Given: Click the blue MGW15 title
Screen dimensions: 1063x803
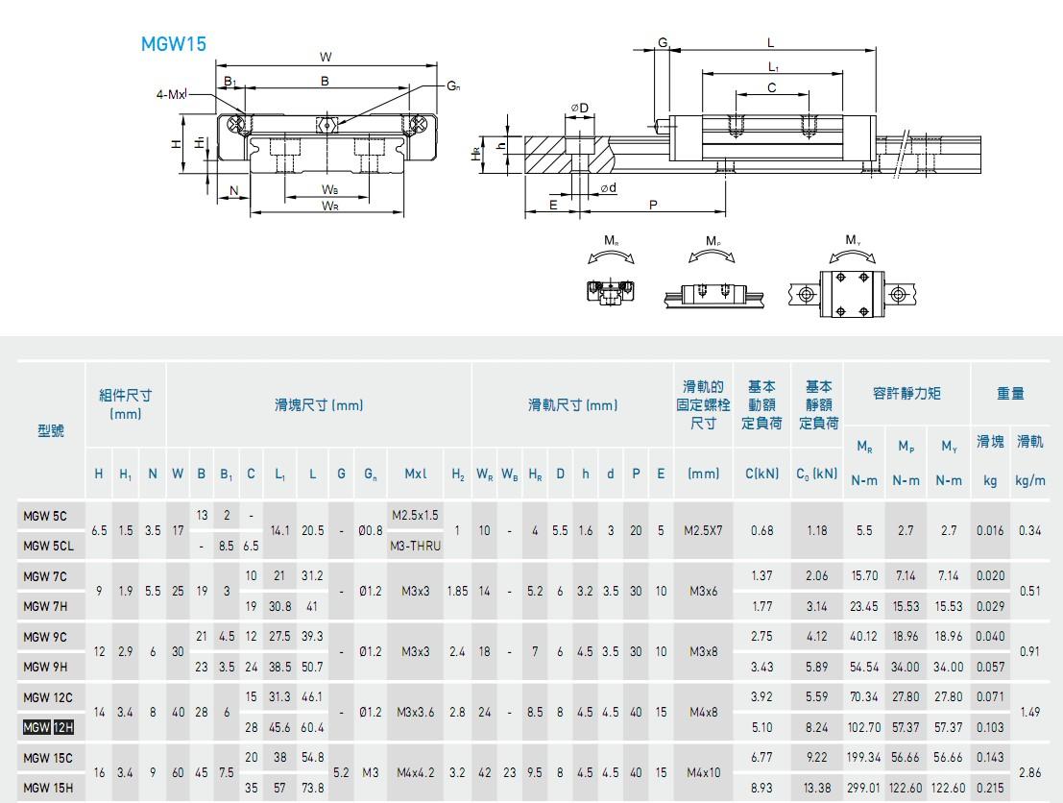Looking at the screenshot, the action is [174, 44].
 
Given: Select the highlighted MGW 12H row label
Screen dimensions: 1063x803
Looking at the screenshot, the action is [48, 728].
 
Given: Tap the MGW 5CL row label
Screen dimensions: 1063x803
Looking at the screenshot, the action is [48, 546].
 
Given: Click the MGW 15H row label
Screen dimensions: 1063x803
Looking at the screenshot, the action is [48, 788].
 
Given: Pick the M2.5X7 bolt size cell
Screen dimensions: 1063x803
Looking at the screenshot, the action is [703, 530].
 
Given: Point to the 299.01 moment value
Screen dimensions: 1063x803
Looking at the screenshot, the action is [863, 788].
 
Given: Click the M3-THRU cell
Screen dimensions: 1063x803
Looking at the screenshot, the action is [416, 546].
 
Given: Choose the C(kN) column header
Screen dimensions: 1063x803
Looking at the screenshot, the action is [762, 474].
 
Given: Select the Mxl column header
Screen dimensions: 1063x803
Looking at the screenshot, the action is [416, 474].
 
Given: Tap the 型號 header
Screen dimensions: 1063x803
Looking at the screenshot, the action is [51, 430].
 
